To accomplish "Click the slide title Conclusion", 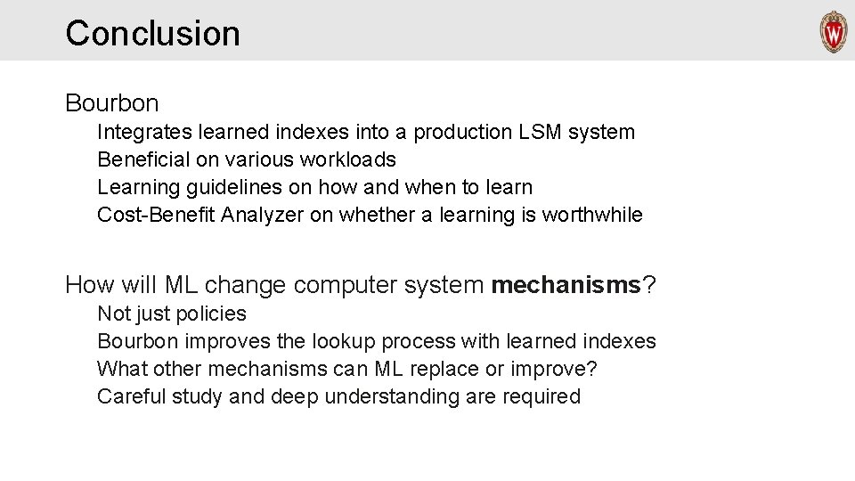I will tap(152, 33).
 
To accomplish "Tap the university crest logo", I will tap(833, 33).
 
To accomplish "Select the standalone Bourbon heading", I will tap(111, 103).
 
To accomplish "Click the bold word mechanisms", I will tap(566, 285).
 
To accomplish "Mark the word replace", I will tap(468, 369).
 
